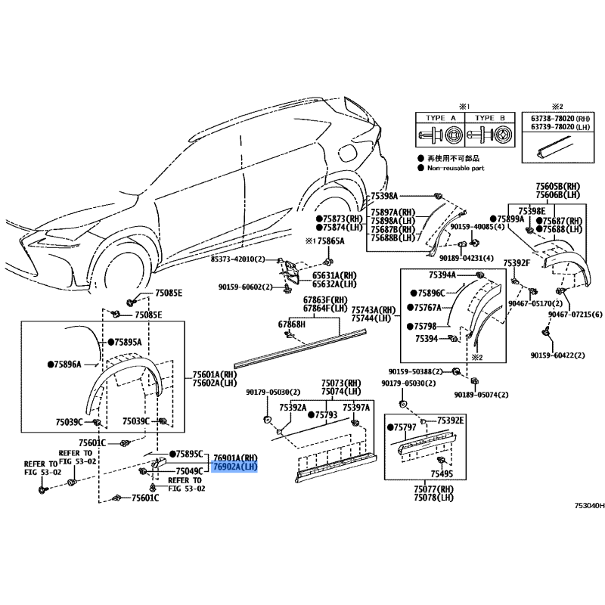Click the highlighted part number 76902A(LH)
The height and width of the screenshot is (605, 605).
tap(236, 467)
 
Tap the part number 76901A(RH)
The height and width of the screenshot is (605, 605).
tap(236, 458)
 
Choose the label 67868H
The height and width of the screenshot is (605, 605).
tap(291, 324)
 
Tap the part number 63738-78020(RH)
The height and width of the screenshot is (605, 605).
tap(560, 119)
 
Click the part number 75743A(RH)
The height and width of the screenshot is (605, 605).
tap(374, 310)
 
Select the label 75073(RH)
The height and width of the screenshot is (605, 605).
tap(342, 383)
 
